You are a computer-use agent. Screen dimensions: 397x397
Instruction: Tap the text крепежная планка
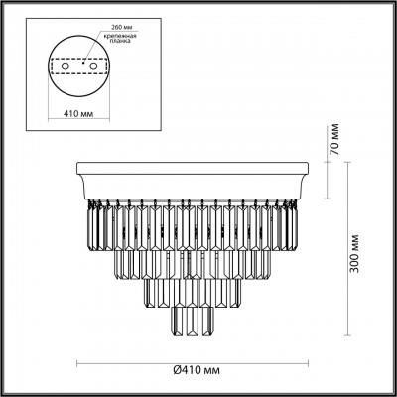117,39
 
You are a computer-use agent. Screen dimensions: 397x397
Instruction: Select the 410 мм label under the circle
78,114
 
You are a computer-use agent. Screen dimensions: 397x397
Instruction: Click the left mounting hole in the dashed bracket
66,66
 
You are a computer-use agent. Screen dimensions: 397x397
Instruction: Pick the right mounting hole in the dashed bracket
94,66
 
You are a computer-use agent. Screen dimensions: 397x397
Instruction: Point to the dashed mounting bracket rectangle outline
79,60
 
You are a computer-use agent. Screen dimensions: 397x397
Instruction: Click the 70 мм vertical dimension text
334,139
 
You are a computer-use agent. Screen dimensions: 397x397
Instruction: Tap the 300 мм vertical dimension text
354,253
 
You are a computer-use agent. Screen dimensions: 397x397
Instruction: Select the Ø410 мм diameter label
197,370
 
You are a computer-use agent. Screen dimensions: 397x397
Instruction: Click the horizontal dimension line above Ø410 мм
193,363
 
